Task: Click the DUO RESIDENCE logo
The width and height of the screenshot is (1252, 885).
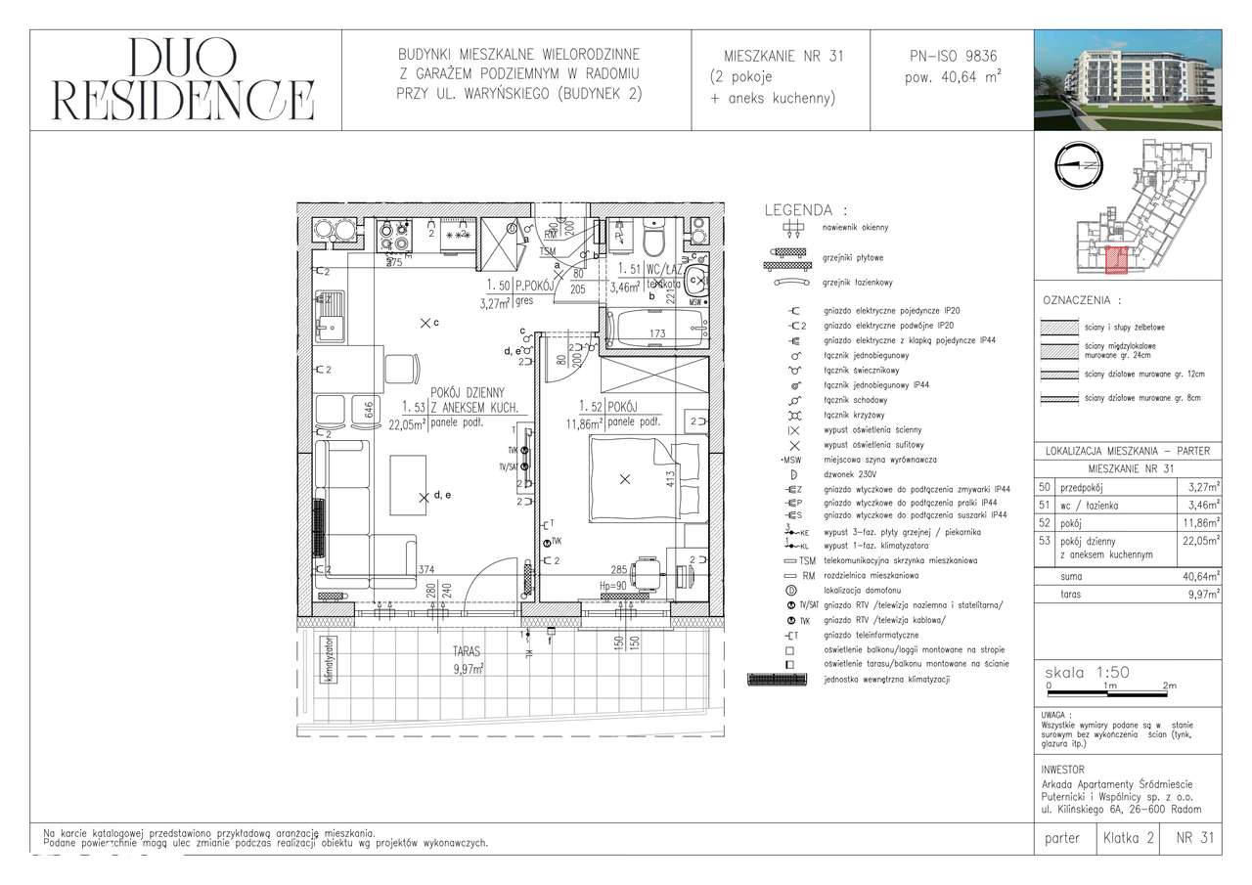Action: click(184, 80)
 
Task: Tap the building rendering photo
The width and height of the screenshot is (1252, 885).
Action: click(1128, 80)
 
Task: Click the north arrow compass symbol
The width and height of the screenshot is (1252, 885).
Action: click(1080, 161)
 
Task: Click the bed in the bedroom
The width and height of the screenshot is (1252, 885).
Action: click(634, 478)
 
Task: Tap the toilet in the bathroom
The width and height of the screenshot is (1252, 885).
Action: click(654, 237)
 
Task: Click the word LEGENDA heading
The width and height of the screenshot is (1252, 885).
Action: click(805, 210)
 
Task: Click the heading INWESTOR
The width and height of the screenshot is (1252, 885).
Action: click(1063, 770)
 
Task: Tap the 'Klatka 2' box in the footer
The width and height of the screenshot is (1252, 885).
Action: click(1128, 838)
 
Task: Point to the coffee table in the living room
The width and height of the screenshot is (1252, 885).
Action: click(407, 488)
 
